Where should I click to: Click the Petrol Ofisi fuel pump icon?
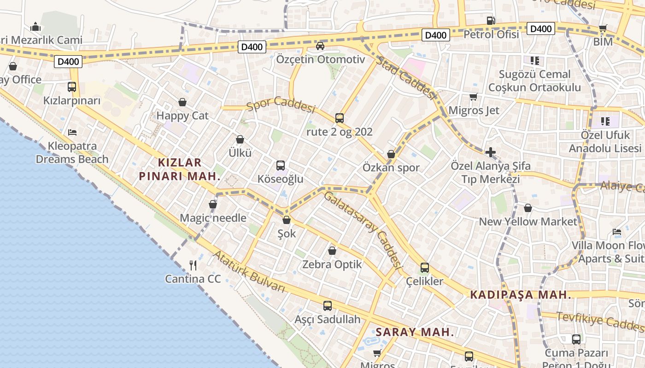(491, 21)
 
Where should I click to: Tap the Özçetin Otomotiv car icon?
(320, 46)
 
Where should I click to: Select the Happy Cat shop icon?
(182, 102)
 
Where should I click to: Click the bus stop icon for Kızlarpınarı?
(72, 86)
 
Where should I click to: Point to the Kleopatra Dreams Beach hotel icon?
(72, 132)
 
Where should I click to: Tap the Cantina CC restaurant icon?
(193, 265)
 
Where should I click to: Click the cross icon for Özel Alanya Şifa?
(491, 152)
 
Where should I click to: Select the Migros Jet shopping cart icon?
(473, 97)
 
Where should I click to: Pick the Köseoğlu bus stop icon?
(280, 166)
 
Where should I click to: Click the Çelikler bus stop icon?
(425, 268)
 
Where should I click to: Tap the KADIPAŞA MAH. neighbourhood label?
(521, 295)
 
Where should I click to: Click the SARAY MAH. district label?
(415, 332)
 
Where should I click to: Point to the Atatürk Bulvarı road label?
(249, 272)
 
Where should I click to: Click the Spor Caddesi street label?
(281, 105)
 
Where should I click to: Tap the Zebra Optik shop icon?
(332, 251)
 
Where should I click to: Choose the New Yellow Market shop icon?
(528, 208)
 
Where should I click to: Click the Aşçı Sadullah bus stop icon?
(327, 305)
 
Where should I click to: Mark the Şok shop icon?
(287, 220)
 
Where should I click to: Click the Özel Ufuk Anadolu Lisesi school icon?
(605, 121)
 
